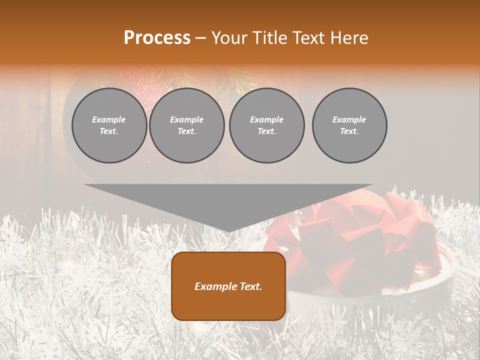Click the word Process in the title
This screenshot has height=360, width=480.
[x=157, y=38]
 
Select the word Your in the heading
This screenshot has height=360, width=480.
[x=230, y=38]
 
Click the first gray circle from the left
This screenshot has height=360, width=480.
[x=109, y=125]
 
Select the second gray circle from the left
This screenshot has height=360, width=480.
[x=187, y=125]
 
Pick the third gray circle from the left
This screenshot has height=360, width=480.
[x=267, y=125]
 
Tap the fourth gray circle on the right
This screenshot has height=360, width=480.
[x=349, y=125]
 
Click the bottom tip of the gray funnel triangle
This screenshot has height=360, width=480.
[x=228, y=230]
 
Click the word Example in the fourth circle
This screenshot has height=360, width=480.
[x=349, y=119]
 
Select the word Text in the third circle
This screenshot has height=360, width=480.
[x=266, y=131]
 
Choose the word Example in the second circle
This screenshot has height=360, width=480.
[x=187, y=119]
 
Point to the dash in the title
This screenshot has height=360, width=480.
[x=200, y=38]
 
